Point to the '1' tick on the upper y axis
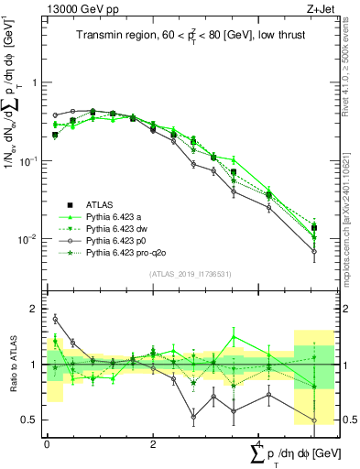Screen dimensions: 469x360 [36, 82]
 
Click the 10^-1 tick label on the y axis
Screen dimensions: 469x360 [31, 160]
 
